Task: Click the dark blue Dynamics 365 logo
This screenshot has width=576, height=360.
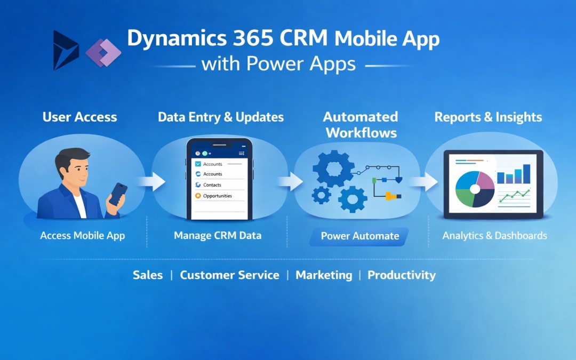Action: click(65, 50)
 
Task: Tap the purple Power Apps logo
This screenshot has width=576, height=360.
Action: click(103, 52)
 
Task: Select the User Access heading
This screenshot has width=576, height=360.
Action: click(79, 117)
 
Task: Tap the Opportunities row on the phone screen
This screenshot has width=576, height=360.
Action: click(218, 196)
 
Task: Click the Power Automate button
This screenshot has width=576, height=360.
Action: click(359, 236)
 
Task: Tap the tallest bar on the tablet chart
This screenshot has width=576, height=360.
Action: click(527, 173)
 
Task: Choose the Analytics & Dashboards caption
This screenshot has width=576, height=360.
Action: click(494, 235)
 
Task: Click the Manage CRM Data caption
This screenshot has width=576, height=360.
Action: click(218, 235)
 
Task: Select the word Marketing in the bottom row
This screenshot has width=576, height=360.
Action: click(324, 275)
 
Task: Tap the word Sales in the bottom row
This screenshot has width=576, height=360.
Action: click(148, 275)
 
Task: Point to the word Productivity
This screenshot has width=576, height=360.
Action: click(401, 275)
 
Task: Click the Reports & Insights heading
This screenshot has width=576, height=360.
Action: click(488, 117)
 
